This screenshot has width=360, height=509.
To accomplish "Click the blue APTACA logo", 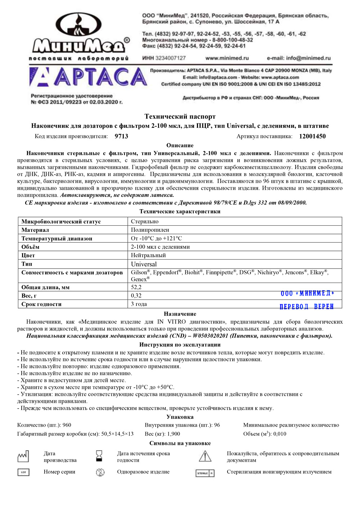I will pos(88,77).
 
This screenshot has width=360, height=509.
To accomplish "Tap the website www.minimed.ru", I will pos(227,58).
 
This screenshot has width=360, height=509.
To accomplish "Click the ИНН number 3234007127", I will pos(169,58).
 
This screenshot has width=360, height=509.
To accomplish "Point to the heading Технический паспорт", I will pos(180,116).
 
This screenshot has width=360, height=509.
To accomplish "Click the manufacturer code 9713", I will pos(121,136).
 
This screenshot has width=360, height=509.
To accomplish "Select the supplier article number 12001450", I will pos(312,136).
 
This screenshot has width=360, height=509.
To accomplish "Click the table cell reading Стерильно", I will pos(145,221).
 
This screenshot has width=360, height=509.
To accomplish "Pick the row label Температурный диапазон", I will pos(57,238).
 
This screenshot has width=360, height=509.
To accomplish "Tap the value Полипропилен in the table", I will pos(150,230).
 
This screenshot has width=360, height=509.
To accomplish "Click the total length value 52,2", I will pos(136,287).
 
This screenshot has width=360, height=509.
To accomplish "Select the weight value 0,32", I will pos(136,296).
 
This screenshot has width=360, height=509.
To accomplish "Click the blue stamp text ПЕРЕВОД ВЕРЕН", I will pos(307,307).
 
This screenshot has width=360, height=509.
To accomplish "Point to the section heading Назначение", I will pos(180,314).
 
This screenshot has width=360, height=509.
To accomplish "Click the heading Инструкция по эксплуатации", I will pos(180,344).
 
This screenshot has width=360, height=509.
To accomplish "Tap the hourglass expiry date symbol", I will pos(99,456).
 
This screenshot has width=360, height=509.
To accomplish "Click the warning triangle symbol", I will pos(205,456).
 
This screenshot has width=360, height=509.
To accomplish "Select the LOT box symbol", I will pos(23,472).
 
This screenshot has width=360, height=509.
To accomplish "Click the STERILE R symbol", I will pos(205,473).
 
